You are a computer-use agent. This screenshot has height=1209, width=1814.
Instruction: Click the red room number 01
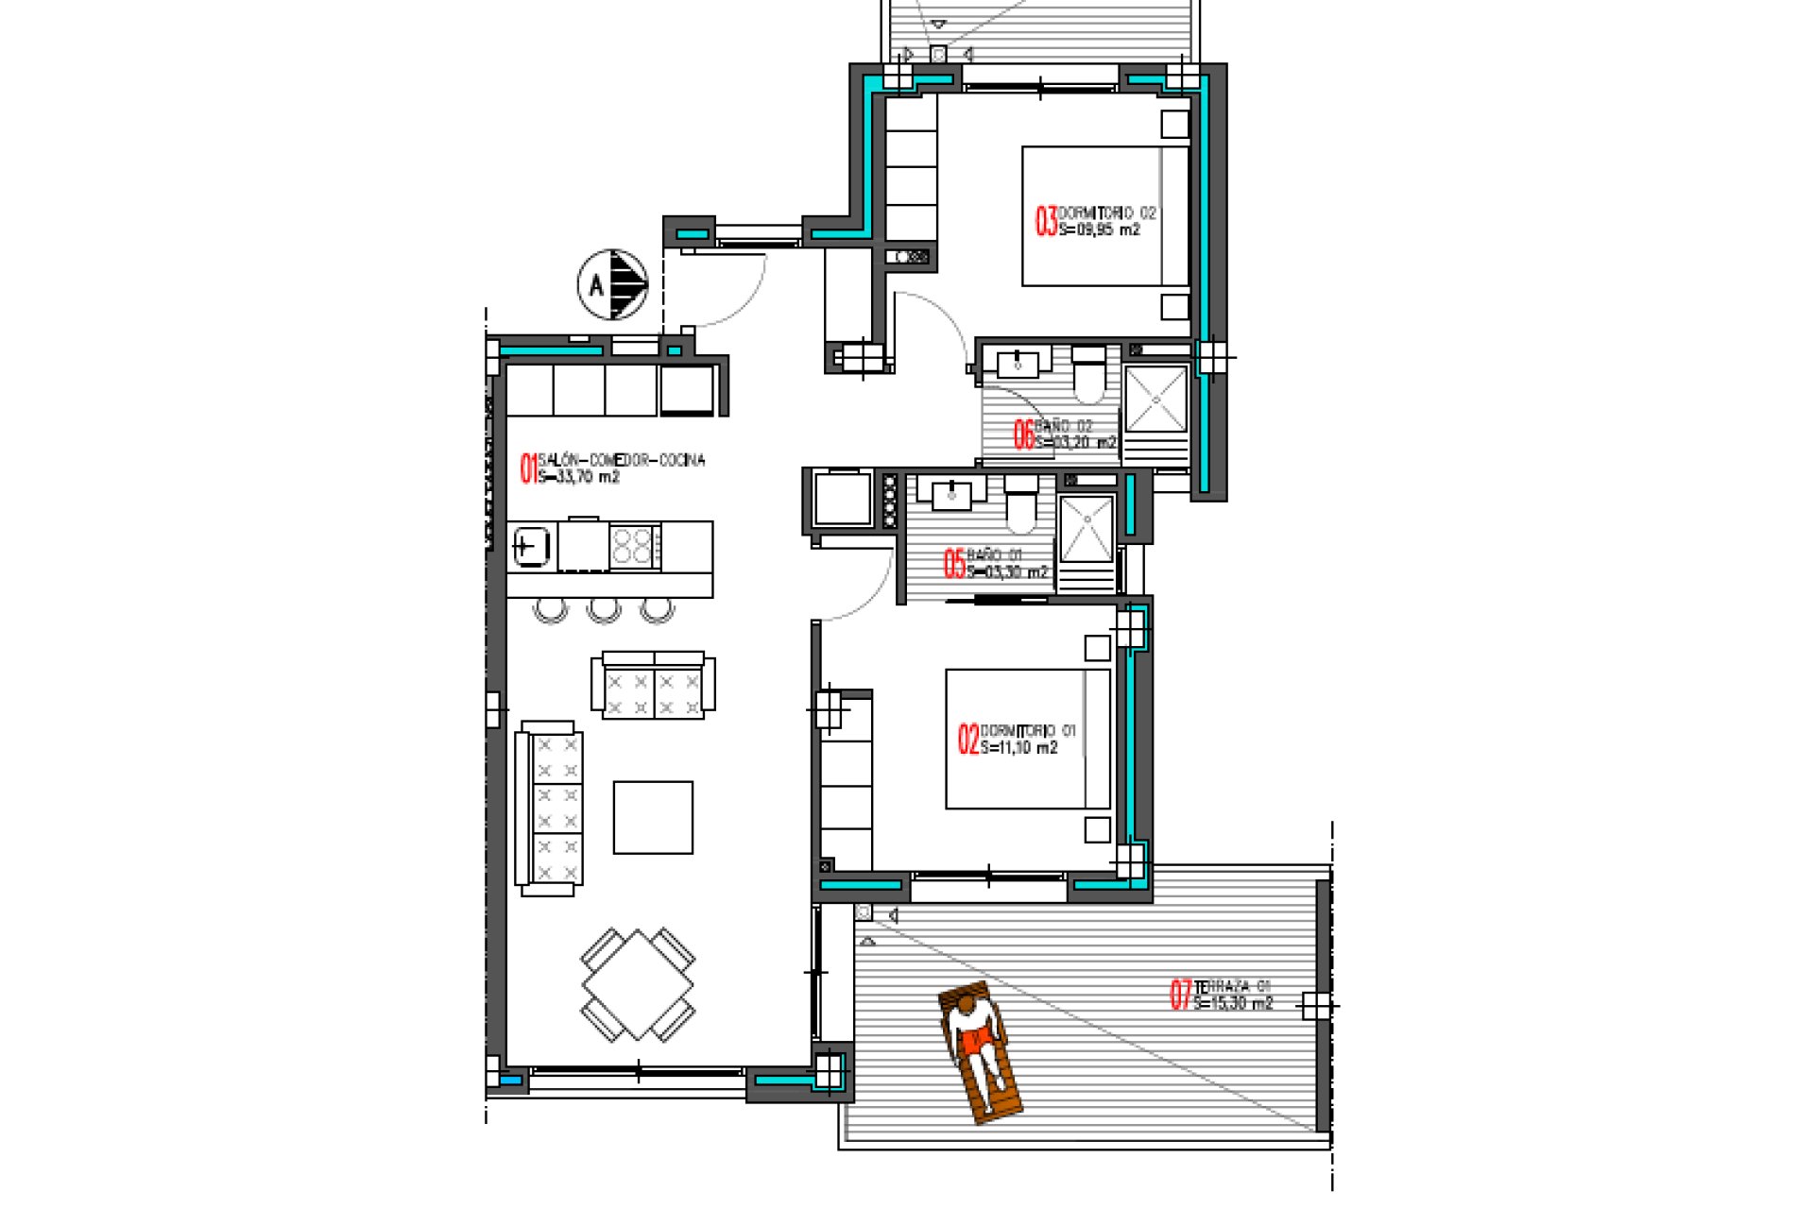pos(528,468)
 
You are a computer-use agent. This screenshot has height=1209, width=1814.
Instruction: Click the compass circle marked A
pos(612,283)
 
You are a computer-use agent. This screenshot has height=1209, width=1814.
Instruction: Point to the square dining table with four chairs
pos(639,984)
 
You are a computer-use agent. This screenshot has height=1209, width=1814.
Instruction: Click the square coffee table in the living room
pos(653,817)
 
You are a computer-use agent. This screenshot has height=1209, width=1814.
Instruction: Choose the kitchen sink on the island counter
pos(531,546)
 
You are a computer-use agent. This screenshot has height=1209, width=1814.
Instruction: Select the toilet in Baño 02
pos(1088,374)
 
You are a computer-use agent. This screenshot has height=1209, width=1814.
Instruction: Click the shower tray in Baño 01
pos(1086,529)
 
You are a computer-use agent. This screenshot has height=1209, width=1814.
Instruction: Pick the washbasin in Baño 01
pos(952,491)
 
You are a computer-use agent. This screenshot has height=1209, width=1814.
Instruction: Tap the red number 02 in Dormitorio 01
pos(968,739)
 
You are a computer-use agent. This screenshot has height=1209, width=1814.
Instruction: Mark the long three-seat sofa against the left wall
pos(549,809)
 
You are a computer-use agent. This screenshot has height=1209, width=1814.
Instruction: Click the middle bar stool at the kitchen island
pos(605,610)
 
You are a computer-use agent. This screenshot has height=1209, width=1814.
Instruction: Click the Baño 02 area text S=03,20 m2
pos(1075,442)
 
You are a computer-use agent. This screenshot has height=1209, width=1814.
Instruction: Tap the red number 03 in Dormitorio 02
pos(1046,221)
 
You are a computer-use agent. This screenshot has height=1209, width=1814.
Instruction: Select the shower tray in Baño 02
pos(1155,400)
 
